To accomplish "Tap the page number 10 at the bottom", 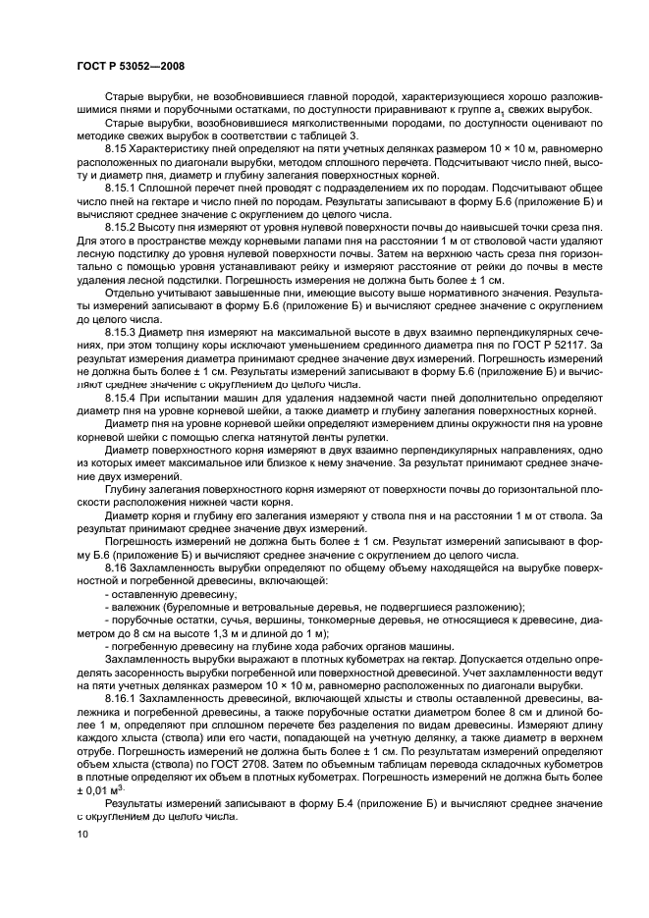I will click(x=82, y=834).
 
